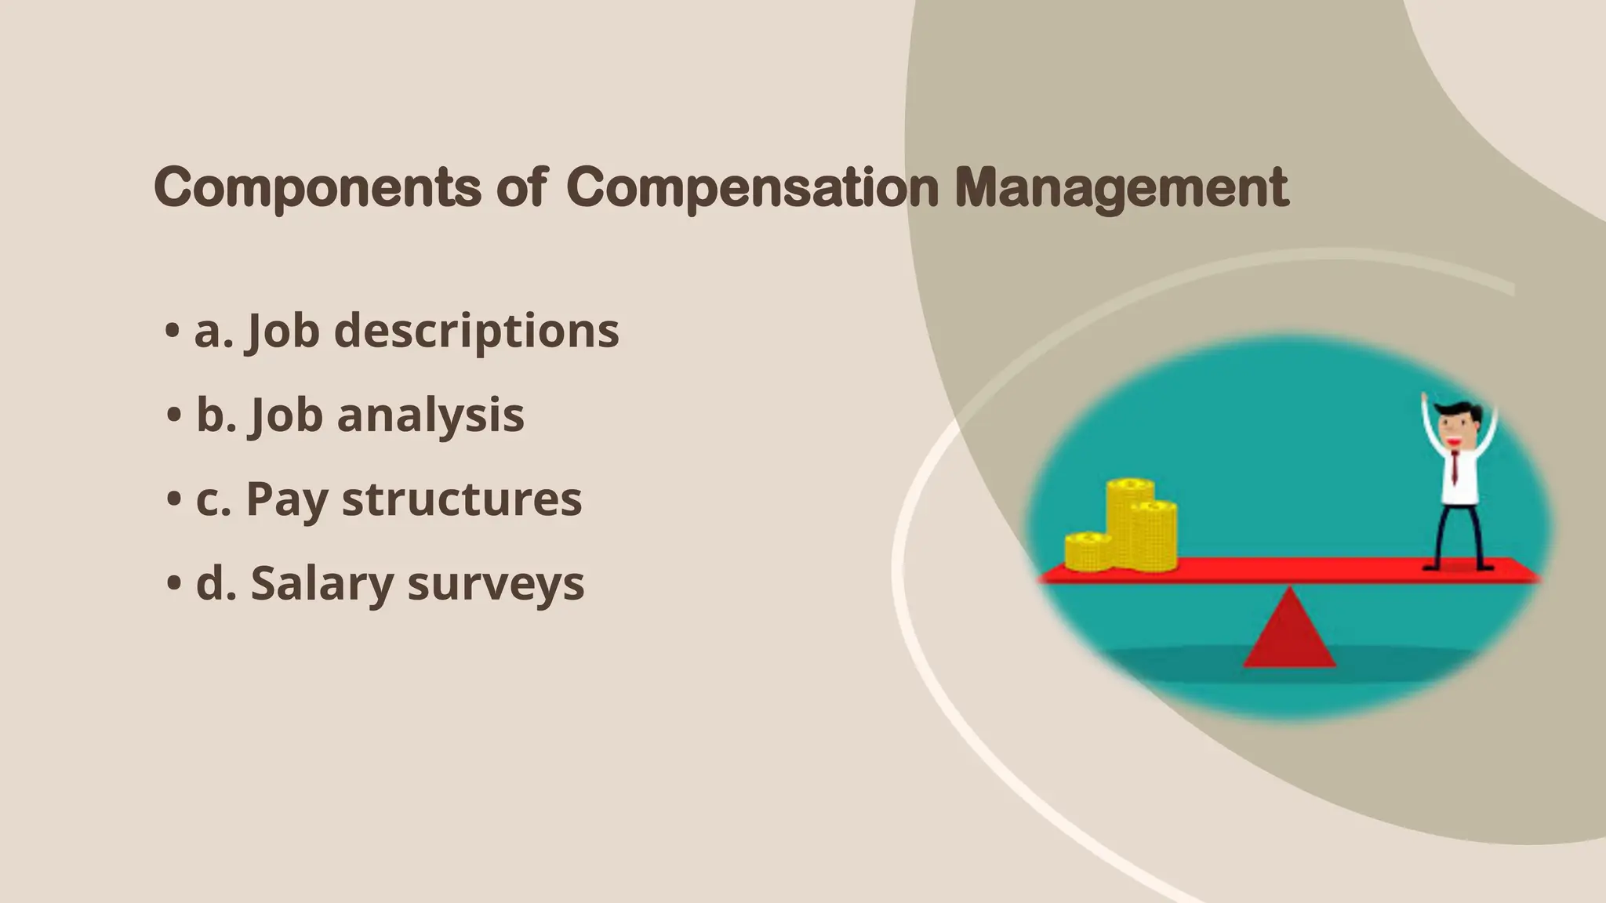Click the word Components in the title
point(317,188)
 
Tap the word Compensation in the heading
point(751,188)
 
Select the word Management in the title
point(1121,188)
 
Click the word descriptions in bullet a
point(476,331)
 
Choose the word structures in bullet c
point(462,499)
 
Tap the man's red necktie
point(1455,467)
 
